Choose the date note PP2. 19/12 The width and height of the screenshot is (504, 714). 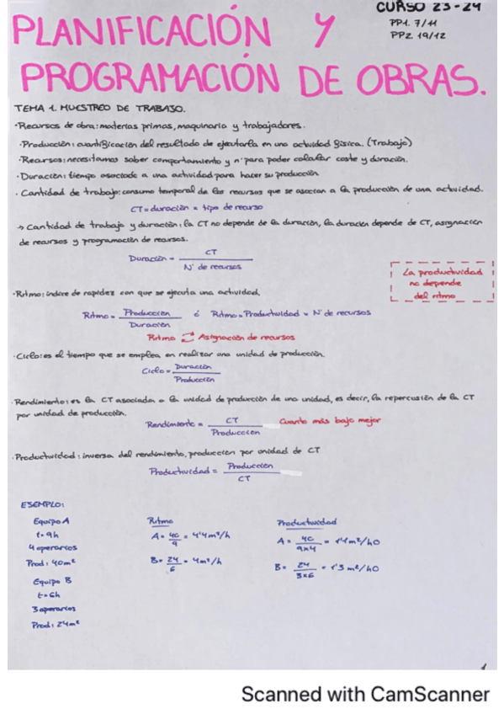point(413,36)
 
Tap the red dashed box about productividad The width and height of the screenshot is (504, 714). point(443,284)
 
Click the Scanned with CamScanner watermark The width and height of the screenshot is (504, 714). point(365,694)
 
